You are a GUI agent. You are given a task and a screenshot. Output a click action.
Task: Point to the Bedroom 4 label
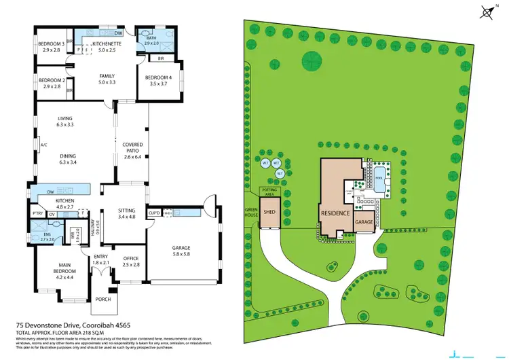[156, 80]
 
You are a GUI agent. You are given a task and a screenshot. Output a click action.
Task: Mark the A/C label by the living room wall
[43, 145]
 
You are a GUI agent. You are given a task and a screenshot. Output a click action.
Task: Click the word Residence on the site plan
[335, 213]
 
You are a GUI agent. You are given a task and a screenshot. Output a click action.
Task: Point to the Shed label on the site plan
[270, 211]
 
